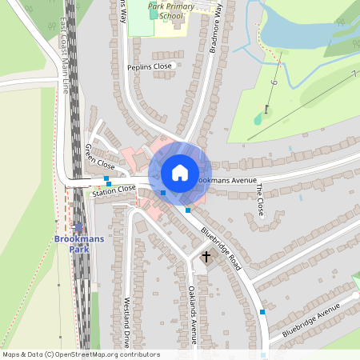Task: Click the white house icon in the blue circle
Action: [x=180, y=172]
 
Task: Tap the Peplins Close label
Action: [x=150, y=66]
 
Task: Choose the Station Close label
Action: [x=114, y=192]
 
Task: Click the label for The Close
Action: [x=259, y=199]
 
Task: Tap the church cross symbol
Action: [x=206, y=257]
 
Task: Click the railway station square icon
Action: [x=78, y=228]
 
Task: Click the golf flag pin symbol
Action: [x=266, y=110]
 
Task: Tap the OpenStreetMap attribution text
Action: [x=81, y=354]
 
